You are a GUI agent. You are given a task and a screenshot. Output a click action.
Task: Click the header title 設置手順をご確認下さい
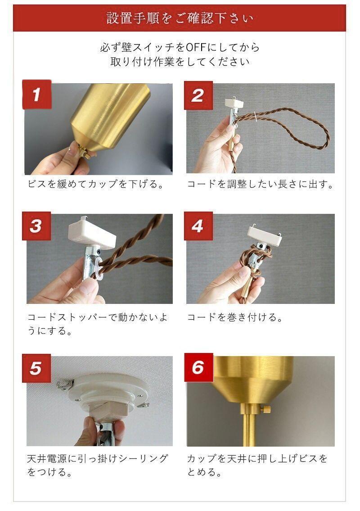tap(180, 18)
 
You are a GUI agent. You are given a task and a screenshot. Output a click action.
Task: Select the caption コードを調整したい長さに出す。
tap(260, 184)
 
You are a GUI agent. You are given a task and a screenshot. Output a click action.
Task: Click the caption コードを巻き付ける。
tap(235, 317)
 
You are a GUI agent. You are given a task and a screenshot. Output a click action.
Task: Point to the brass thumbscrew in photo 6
tap(266, 408)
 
